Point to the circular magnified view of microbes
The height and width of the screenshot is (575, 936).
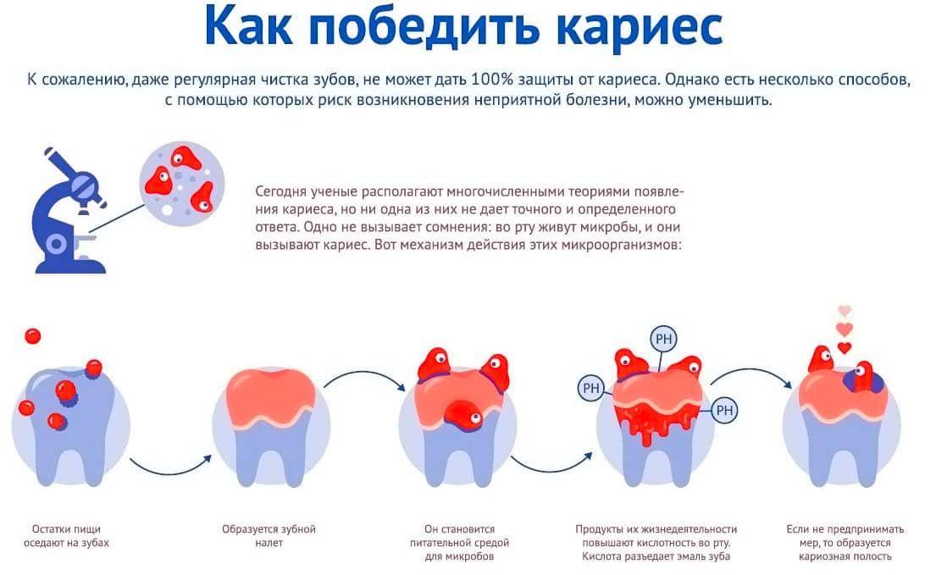pos(182,183)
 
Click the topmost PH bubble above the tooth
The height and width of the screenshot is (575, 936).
pos(664,340)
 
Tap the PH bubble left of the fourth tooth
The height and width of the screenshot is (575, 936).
pos(591,389)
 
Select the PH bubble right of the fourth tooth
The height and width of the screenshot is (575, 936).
pos(724,411)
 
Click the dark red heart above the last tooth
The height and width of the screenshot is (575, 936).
pos(844,347)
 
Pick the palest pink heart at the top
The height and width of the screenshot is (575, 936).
pos(844,311)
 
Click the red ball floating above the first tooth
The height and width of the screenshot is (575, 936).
pos(33,336)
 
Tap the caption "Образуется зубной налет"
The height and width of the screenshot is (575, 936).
pos(269,536)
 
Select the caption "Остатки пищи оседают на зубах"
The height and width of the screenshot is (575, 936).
pos(66,536)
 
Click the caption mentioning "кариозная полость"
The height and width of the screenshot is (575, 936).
pos(845,543)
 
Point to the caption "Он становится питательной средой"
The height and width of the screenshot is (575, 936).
pos(460,543)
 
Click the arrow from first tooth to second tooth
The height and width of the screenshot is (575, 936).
pos(171,469)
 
